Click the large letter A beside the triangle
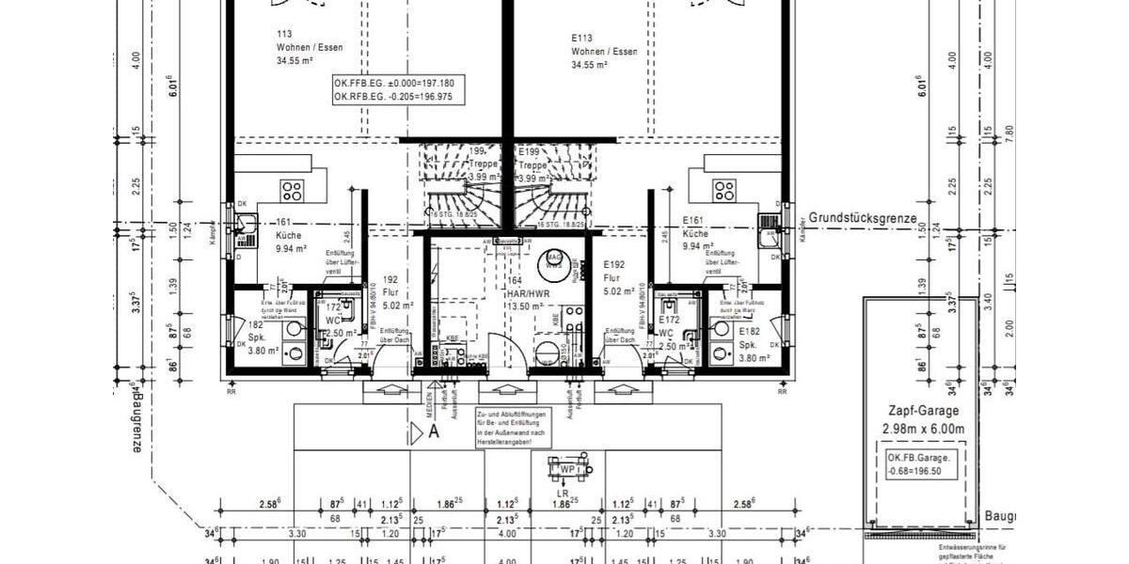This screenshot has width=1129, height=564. (x=434, y=432)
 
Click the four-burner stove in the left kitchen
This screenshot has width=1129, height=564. (x=292, y=191)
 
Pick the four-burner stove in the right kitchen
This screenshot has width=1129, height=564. (x=724, y=191)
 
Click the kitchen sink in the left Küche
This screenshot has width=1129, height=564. (x=246, y=225)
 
